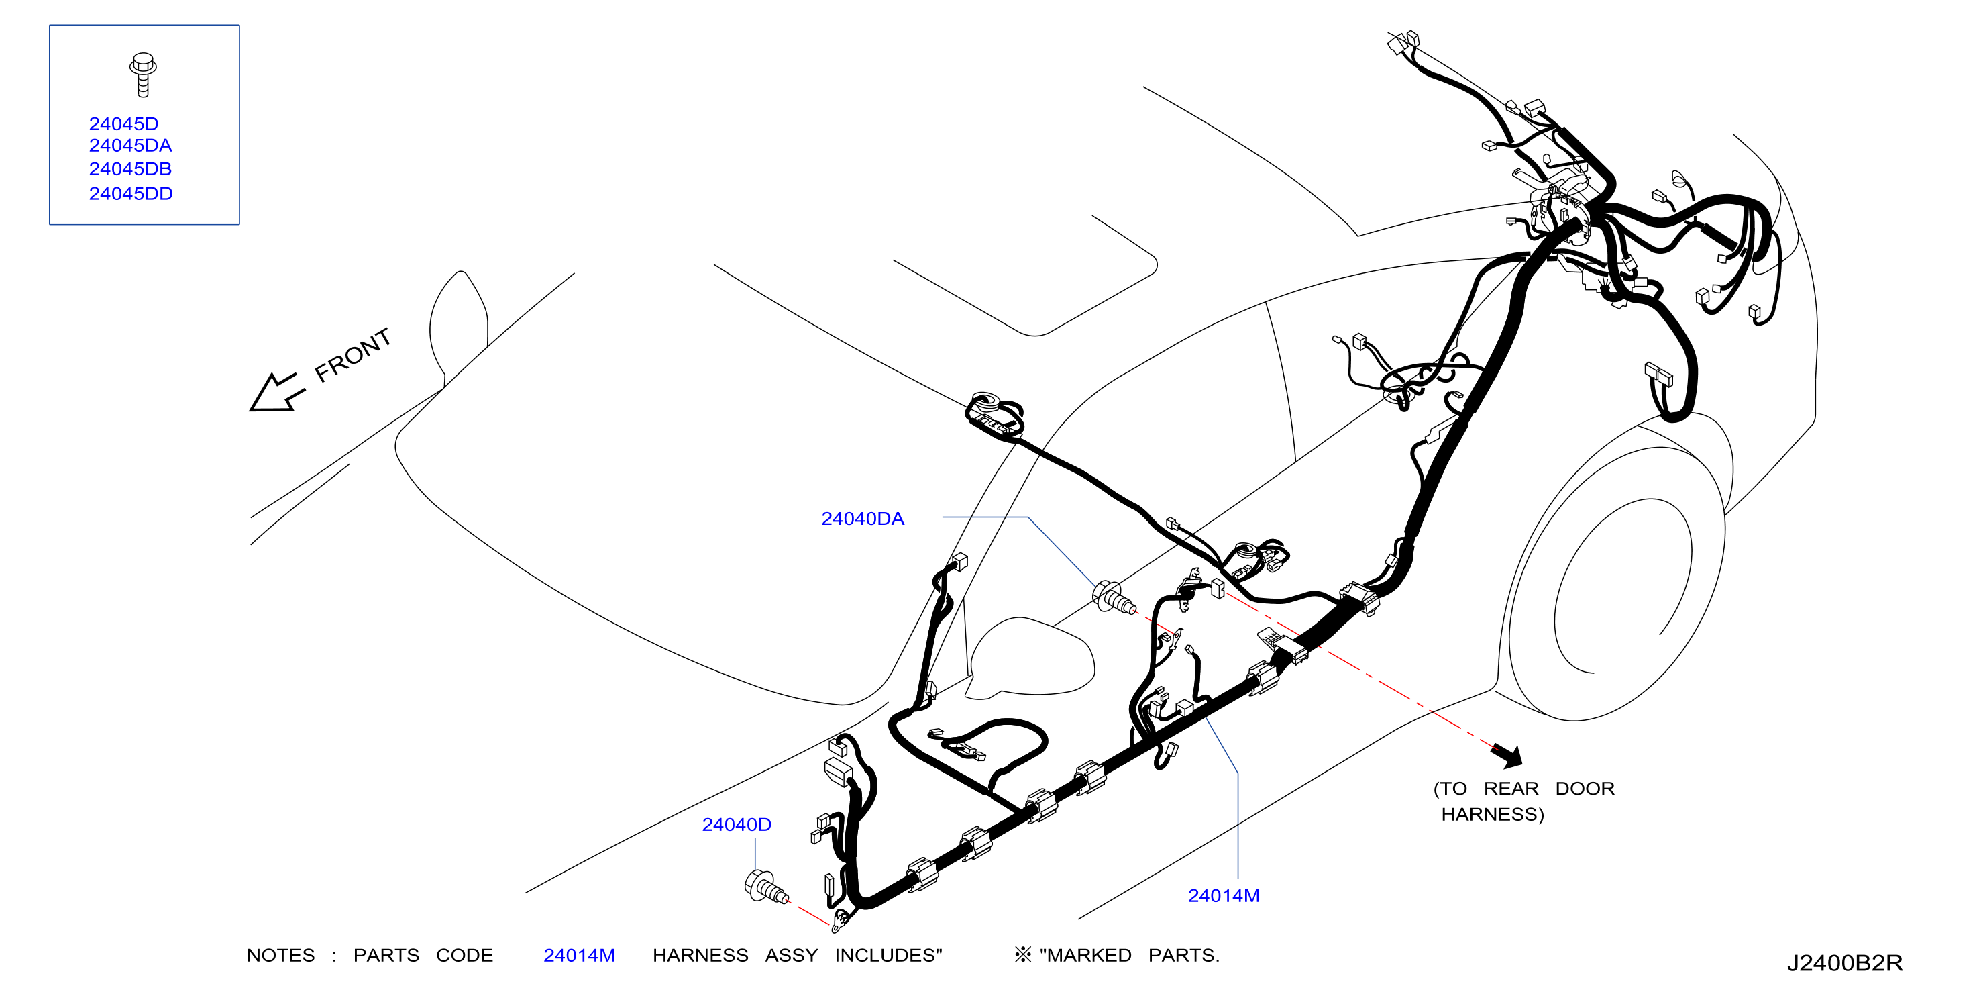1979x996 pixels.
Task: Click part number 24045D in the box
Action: tap(123, 123)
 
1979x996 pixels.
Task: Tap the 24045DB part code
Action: tap(131, 169)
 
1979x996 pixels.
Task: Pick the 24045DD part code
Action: tap(131, 194)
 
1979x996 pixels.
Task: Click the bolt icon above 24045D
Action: tap(143, 74)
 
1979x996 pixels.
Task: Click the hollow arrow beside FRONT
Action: tap(276, 393)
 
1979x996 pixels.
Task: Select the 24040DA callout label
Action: tap(863, 519)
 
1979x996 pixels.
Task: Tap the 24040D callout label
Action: tap(737, 825)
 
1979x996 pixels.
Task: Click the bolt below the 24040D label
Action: tap(766, 889)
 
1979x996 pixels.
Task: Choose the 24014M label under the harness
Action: tap(1224, 896)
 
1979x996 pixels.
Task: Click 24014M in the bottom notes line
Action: tap(579, 955)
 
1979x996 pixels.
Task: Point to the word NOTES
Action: tap(281, 955)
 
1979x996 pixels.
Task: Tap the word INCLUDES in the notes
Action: tap(889, 955)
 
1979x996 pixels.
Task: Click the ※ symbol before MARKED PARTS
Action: tap(1023, 954)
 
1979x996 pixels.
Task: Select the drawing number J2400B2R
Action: tap(1845, 963)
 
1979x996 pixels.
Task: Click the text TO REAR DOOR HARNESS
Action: tap(1524, 801)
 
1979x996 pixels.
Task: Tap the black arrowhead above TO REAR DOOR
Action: tap(1509, 756)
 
